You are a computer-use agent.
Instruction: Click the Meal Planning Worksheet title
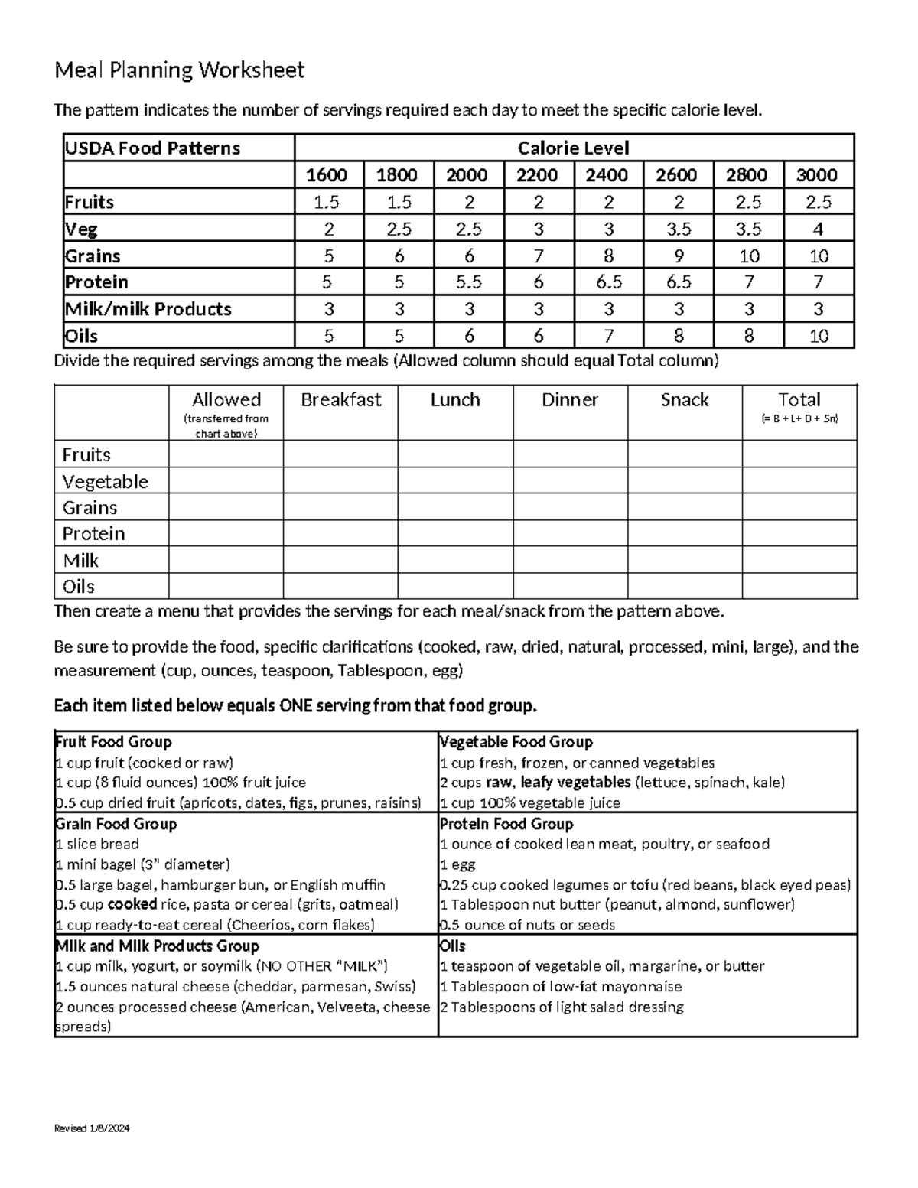[179, 70]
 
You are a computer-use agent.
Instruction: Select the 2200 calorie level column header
[536, 175]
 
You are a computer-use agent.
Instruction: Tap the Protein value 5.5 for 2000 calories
[468, 282]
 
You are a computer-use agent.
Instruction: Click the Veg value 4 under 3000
[818, 229]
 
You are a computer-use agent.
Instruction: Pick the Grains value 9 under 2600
[678, 256]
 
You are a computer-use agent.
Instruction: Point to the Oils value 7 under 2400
[607, 336]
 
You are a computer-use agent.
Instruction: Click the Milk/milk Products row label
[148, 309]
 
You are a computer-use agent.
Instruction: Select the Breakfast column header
[340, 400]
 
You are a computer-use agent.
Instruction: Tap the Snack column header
[685, 400]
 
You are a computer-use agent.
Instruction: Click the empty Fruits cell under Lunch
[455, 454]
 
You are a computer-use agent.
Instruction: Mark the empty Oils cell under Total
[799, 586]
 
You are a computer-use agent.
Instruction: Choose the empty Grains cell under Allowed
[226, 507]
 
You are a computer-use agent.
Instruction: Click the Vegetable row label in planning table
[106, 481]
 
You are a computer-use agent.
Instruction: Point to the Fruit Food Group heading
[113, 742]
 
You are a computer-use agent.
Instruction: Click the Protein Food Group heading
[506, 824]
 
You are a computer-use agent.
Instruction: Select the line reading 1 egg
[457, 864]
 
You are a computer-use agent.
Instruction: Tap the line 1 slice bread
[97, 844]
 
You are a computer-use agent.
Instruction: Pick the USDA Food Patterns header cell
[152, 148]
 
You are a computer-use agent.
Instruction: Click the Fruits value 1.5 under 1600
[327, 202]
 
